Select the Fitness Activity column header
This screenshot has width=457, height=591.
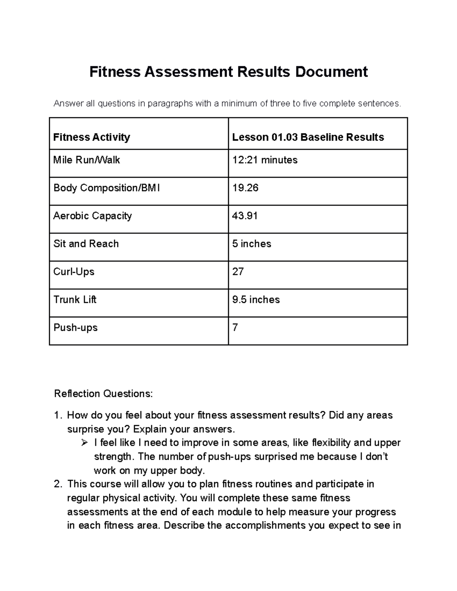(92, 137)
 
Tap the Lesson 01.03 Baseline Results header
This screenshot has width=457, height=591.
(308, 137)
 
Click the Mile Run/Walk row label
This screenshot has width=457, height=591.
(86, 160)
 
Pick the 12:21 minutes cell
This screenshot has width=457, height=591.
(265, 160)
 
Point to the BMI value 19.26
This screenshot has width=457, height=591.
(245, 188)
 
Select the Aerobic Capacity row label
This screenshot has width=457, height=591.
(93, 216)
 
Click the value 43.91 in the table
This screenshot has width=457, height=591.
(245, 216)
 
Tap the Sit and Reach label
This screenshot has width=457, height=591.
(86, 244)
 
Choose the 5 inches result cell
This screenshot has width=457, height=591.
(252, 244)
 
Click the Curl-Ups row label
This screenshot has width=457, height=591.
(74, 272)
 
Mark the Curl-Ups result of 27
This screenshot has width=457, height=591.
(238, 272)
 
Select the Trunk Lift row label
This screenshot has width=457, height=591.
(75, 299)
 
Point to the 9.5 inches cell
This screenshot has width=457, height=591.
(256, 299)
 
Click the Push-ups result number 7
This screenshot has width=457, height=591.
(235, 327)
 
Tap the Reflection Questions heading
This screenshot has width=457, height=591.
(103, 393)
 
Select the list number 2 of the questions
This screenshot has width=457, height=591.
(58, 484)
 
